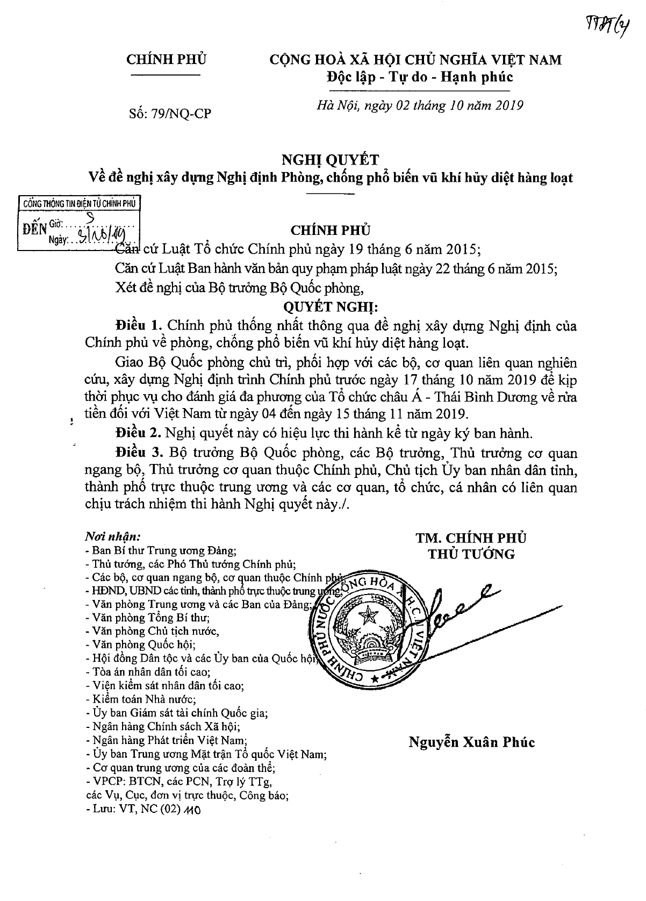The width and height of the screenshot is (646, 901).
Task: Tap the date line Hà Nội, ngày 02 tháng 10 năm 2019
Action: [419, 105]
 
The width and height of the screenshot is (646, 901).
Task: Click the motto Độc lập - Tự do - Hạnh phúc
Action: [419, 77]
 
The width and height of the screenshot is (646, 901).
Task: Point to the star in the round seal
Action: [369, 614]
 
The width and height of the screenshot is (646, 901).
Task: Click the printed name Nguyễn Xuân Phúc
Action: [472, 742]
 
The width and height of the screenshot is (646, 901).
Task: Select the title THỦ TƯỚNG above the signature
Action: [471, 554]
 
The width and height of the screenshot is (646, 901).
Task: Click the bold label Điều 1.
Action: [138, 326]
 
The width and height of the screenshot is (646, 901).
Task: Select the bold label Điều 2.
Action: [138, 432]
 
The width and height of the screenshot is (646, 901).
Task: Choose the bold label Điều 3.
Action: [138, 453]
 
